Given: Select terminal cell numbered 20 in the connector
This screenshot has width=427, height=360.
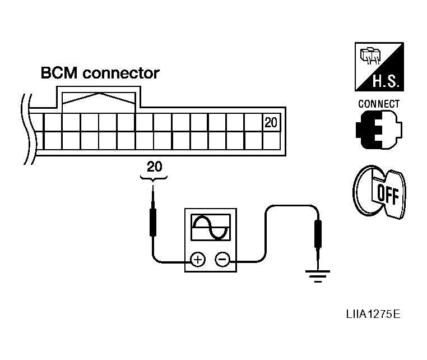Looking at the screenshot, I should (271, 123).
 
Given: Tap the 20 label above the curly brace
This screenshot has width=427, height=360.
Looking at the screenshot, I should (154, 167).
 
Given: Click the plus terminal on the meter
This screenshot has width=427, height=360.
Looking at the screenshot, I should (197, 260).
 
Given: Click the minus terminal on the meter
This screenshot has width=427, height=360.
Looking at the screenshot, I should (222, 260).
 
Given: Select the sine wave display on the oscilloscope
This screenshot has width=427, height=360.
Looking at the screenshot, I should (211, 228).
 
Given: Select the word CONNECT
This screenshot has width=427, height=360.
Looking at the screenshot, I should (379, 104).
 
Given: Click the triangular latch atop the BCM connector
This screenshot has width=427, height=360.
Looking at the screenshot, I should (99, 99).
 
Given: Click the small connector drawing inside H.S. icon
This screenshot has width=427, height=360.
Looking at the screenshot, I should (369, 57).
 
